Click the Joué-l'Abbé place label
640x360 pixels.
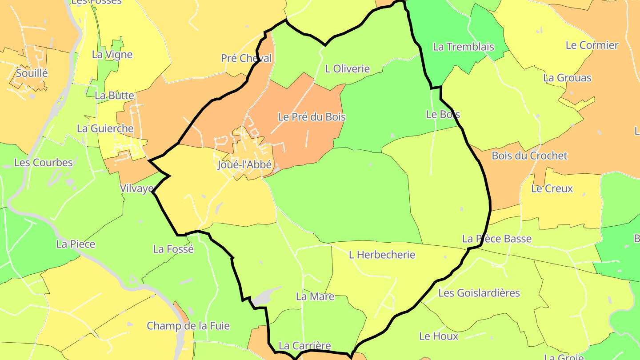click(244, 164)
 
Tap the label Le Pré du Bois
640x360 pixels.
click(312, 117)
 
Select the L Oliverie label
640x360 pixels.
click(347, 69)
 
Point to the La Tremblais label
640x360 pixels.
click(463, 47)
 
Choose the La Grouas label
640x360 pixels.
click(567, 78)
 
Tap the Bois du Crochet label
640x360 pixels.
click(529, 156)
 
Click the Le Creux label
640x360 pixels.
click(552, 188)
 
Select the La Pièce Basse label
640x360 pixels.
click(496, 239)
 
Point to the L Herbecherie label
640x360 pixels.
click(382, 255)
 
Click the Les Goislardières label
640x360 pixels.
click(479, 293)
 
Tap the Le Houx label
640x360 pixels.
click(438, 336)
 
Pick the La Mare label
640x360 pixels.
click(315, 296)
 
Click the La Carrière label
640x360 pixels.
click(304, 345)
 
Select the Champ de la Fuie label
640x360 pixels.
click(188, 326)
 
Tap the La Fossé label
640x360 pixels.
click(173, 249)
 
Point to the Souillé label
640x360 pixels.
click(31, 72)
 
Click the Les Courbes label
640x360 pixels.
click(43, 162)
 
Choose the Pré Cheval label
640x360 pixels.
click(246, 58)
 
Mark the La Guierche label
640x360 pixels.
click(105, 128)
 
